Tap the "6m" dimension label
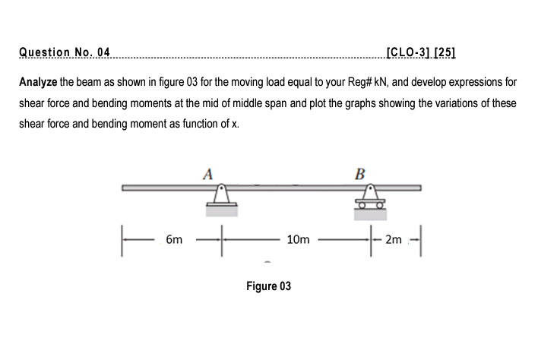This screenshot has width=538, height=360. [x=173, y=240]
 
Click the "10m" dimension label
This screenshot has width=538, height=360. [x=299, y=240]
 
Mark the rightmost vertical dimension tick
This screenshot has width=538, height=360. [x=420, y=240]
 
